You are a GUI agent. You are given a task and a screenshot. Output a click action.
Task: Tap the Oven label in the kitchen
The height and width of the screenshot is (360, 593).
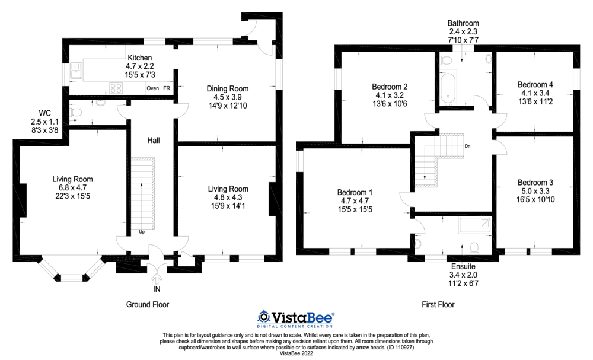[x=152, y=88]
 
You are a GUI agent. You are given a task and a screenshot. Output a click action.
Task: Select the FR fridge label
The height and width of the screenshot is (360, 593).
[x=167, y=88]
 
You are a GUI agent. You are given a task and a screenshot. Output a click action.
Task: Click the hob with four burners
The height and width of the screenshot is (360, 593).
[x=116, y=88]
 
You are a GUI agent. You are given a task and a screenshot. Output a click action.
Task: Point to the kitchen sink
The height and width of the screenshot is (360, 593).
[x=75, y=74]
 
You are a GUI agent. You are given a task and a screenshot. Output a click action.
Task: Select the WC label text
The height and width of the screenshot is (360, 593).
[x=44, y=113]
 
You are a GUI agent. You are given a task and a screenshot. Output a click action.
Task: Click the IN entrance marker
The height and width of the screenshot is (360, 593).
[x=157, y=289]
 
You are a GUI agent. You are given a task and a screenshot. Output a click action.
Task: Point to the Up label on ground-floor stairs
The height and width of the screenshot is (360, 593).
[x=142, y=232]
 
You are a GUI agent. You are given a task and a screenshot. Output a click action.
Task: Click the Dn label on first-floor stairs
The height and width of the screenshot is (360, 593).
[x=467, y=146]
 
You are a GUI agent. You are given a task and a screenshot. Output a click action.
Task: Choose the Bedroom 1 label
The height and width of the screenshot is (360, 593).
[x=355, y=192]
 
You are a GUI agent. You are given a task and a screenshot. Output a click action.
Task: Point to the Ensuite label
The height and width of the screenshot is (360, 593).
[x=463, y=267]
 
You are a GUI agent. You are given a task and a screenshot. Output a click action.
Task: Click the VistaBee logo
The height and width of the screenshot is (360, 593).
[x=295, y=317]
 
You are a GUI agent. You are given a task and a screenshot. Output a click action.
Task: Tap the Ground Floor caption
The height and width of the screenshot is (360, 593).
[x=148, y=304]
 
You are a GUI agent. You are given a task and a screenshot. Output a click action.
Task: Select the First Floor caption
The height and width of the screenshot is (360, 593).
[x=438, y=304]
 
